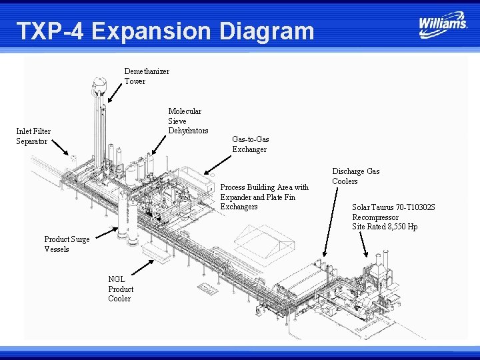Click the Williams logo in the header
tap(443, 23)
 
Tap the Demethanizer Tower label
tap(147, 76)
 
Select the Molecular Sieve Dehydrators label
tap(188, 121)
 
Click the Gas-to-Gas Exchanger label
tap(250, 144)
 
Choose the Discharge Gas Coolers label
tap(355, 176)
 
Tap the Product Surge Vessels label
tap(67, 244)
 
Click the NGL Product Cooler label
tap(121, 289)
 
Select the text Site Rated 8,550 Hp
tap(385, 227)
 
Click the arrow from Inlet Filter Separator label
tap(59, 147)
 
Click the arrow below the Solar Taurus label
tap(361, 245)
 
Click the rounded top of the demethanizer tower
tap(99, 84)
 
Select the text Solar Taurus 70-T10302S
tap(393, 207)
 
